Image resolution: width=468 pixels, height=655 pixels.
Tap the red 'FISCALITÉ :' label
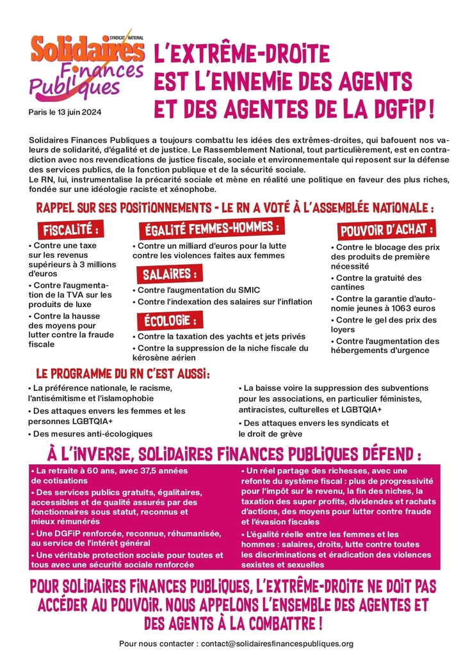[71, 230]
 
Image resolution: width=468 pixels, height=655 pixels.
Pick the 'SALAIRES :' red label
[169, 274]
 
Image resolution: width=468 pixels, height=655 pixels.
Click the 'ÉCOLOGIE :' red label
[169, 319]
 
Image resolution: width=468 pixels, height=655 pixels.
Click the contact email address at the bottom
[277, 643]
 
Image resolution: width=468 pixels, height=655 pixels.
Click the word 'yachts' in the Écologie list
[240, 336]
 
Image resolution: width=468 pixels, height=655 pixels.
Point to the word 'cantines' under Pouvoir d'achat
[348, 287]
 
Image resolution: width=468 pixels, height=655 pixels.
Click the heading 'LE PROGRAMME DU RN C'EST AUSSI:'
[123, 373]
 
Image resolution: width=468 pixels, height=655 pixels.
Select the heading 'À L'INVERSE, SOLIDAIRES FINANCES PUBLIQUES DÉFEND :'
[234, 455]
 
